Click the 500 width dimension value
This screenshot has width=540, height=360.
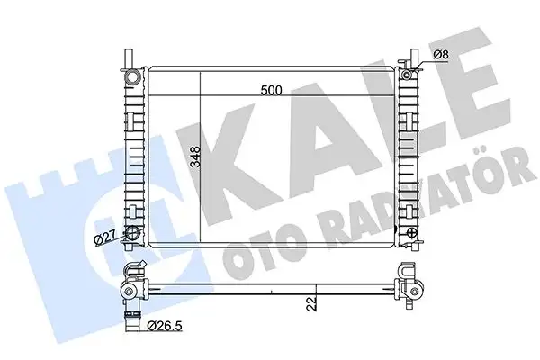tap(272, 90)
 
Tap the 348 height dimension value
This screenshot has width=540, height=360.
tap(195, 157)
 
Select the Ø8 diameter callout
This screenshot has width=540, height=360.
tap(440, 54)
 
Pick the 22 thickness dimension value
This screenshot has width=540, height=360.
tap(312, 303)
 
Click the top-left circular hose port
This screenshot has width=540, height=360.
tap(132, 76)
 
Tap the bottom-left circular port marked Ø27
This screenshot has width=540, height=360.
tap(132, 233)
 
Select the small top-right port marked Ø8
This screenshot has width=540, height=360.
tap(407, 75)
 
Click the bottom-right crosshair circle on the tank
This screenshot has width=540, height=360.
tap(412, 232)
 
